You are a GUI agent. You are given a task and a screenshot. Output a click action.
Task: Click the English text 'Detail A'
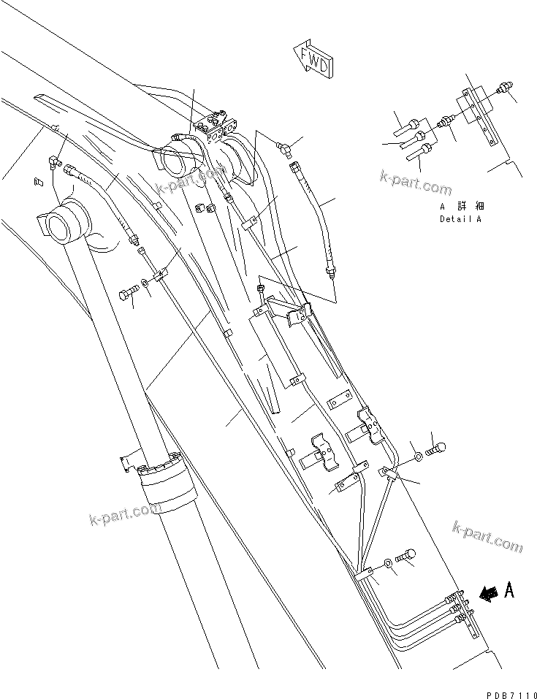[x=460, y=219]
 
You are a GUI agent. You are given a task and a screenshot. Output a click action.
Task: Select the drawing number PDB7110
[x=503, y=691]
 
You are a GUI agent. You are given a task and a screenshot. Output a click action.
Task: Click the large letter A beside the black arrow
[x=509, y=590]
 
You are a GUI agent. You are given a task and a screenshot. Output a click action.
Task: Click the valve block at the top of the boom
[x=219, y=124]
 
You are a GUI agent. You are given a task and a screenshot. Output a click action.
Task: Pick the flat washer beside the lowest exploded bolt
[x=386, y=564]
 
